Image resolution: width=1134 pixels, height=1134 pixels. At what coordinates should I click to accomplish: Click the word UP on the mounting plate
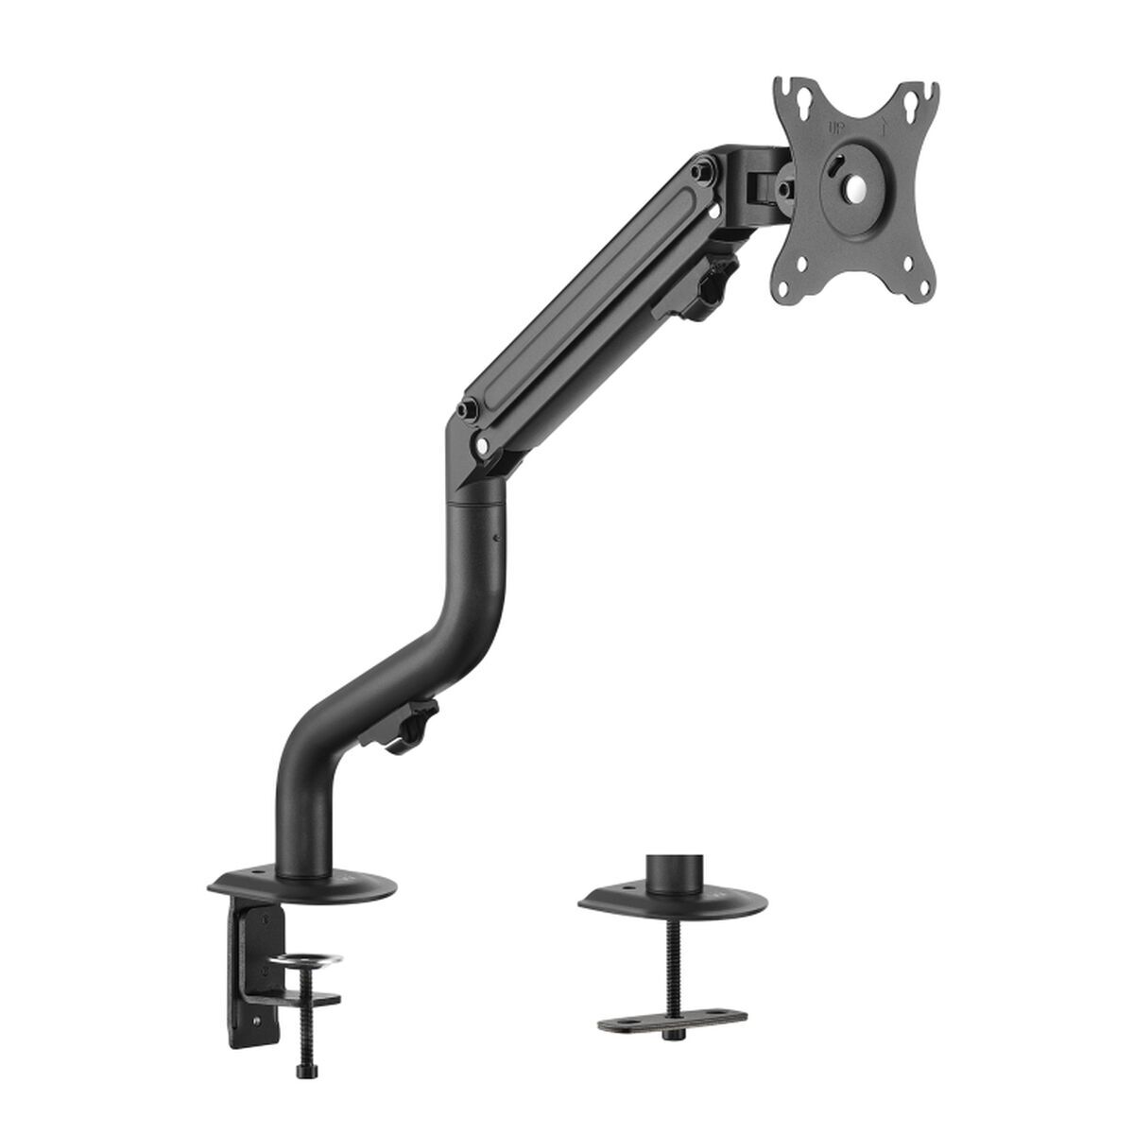tap(835, 125)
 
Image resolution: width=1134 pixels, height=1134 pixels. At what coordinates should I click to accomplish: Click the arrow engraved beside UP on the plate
tap(881, 124)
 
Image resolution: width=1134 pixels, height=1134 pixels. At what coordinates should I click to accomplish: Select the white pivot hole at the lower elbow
tap(485, 440)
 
